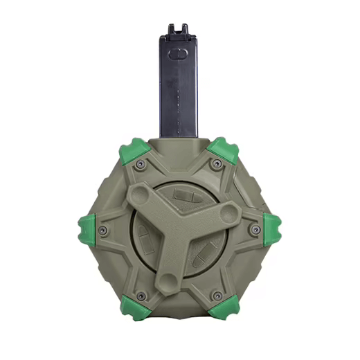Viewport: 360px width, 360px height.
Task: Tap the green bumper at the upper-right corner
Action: tap(224, 149)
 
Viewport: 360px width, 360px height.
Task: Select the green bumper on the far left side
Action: tap(87, 229)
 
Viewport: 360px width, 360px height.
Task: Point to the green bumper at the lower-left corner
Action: tap(133, 307)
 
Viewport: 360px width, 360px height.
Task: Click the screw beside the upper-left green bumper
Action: tap(141, 164)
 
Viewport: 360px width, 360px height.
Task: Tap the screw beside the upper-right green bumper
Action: tap(217, 164)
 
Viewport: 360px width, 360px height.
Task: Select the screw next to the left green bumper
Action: tap(102, 230)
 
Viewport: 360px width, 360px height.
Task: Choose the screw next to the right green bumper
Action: tap(255, 229)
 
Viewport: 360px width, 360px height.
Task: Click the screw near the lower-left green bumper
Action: tap(141, 296)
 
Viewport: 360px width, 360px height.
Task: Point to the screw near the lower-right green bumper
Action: tap(217, 296)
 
